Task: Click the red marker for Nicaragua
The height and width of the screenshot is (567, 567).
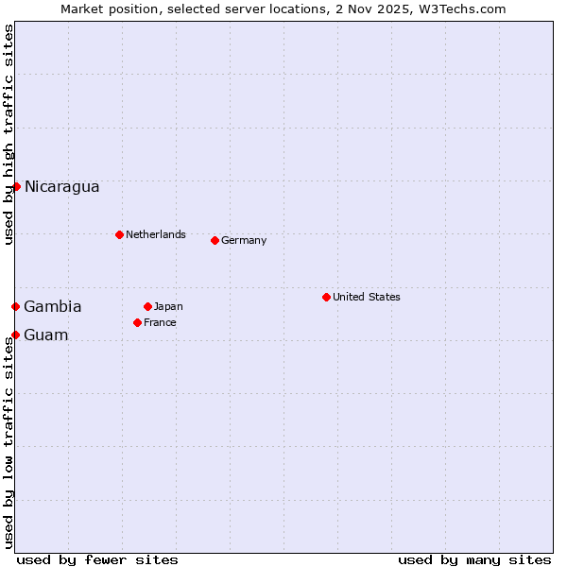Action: click(16, 186)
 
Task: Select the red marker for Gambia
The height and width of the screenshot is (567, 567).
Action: click(15, 306)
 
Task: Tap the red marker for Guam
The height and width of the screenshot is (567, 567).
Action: click(15, 335)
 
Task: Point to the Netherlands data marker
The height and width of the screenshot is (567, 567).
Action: click(119, 234)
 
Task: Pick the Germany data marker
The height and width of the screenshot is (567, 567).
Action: click(215, 240)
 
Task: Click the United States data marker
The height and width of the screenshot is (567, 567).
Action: click(326, 297)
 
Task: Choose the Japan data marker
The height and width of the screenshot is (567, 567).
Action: click(147, 306)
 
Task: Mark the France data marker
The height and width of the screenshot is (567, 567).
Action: click(137, 322)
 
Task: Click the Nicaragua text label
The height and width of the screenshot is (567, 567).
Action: click(61, 187)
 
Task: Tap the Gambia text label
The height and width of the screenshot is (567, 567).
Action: click(53, 307)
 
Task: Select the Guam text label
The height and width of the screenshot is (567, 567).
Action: click(46, 335)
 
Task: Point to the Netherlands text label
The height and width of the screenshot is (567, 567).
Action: click(156, 234)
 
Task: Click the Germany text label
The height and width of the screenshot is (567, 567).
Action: click(244, 240)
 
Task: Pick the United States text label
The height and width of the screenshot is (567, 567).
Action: click(367, 297)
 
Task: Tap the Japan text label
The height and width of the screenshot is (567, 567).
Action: click(168, 306)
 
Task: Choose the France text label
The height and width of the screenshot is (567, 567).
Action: click(160, 322)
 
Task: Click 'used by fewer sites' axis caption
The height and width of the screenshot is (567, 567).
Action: click(97, 559)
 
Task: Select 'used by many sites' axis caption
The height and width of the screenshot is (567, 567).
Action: click(474, 559)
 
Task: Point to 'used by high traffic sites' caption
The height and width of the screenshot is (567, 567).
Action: click(9, 134)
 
